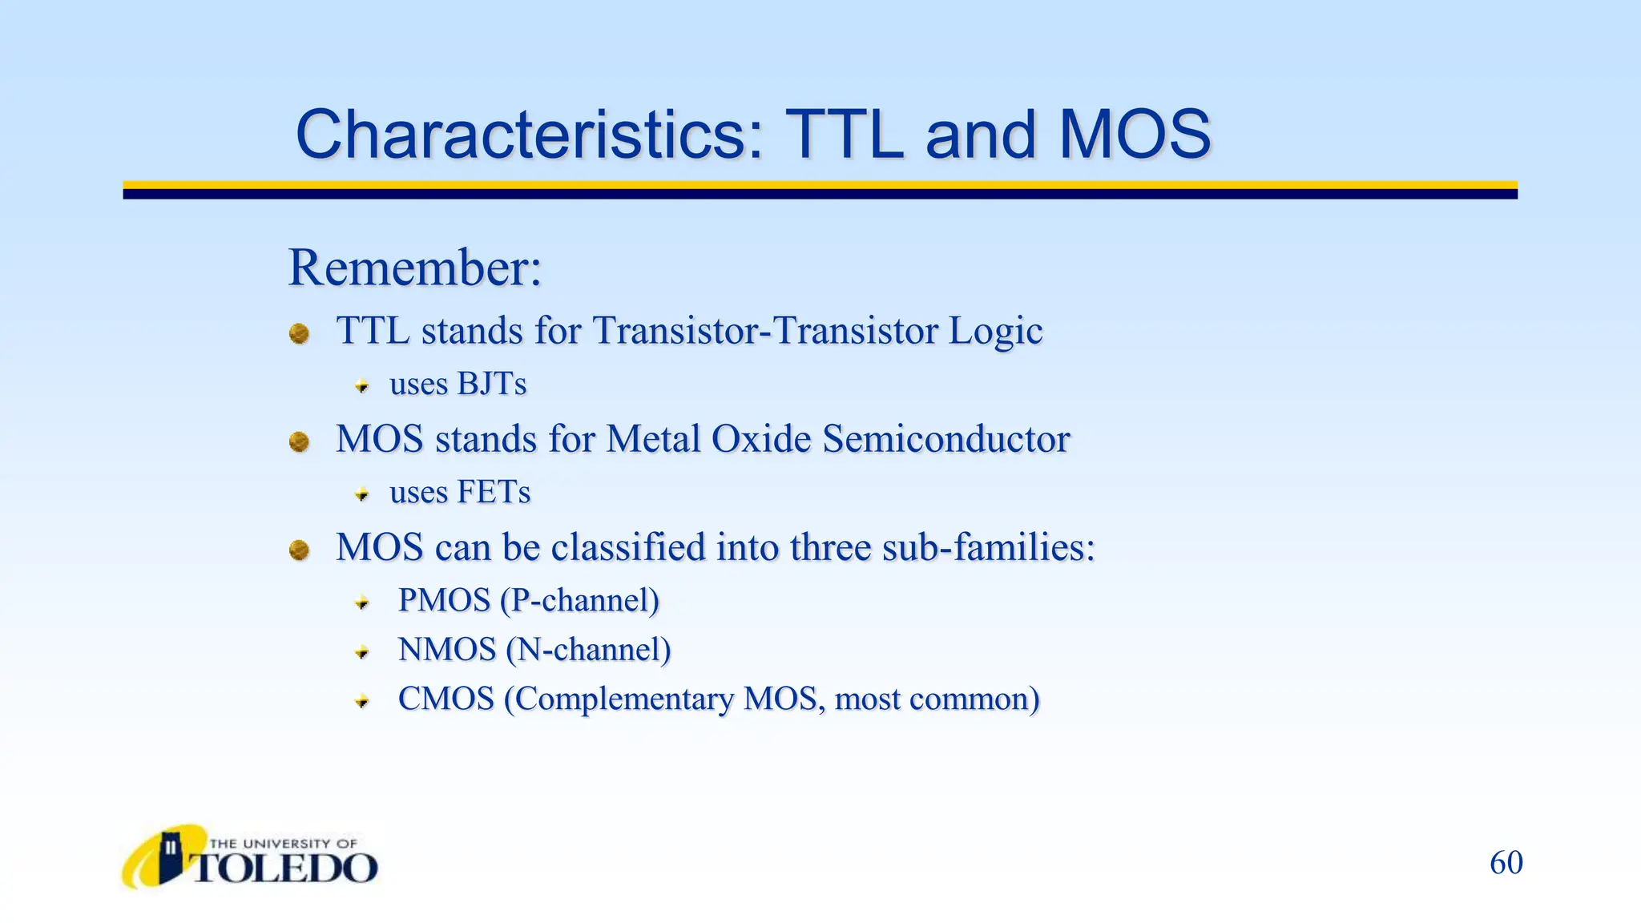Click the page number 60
[x=1506, y=863]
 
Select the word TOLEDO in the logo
[x=284, y=869]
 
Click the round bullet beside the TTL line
[x=299, y=333]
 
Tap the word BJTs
[x=491, y=384]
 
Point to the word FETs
[x=494, y=492]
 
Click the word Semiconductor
[x=945, y=439]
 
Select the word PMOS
[x=444, y=600]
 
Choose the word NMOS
[x=447, y=650]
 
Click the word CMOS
[x=446, y=699]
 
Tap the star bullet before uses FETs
[x=362, y=494]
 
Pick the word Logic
[x=995, y=331]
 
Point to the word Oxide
[x=761, y=439]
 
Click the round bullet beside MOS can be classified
[x=299, y=550]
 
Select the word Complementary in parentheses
[x=623, y=699]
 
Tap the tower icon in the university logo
[x=170, y=855]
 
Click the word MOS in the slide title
[x=1134, y=135]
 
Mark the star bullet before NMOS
[x=362, y=652]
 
